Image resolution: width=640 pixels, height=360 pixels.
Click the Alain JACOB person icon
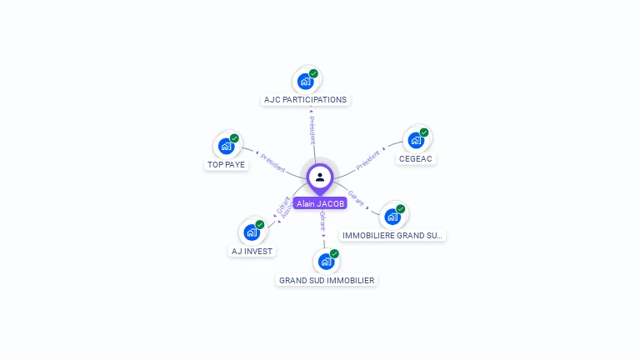[320, 177]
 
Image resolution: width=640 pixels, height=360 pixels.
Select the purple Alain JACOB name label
[320, 203]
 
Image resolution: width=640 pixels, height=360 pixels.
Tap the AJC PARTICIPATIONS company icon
[306, 81]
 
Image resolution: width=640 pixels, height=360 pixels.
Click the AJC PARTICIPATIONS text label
[305, 100]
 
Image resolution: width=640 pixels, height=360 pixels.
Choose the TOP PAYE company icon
[226, 146]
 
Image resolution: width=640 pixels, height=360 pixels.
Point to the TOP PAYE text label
[226, 165]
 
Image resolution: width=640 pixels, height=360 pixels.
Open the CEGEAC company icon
[416, 140]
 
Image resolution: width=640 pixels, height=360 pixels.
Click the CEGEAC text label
[416, 158]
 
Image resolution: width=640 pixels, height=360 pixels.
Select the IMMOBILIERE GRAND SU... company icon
[392, 217]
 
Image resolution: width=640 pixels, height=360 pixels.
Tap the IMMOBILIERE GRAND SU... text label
[392, 236]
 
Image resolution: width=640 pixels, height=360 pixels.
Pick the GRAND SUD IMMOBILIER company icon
[326, 262]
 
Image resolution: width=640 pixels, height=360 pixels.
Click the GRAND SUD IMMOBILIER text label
[327, 281]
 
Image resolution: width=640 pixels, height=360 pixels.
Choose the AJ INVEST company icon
[252, 232]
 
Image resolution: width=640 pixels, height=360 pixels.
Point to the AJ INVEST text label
[252, 251]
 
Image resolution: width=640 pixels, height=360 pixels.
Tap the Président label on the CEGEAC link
[367, 158]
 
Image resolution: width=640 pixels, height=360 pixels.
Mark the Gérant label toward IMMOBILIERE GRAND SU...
[357, 197]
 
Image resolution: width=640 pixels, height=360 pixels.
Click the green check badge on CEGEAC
[424, 132]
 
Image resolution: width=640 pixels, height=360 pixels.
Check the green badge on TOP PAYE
[234, 138]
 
